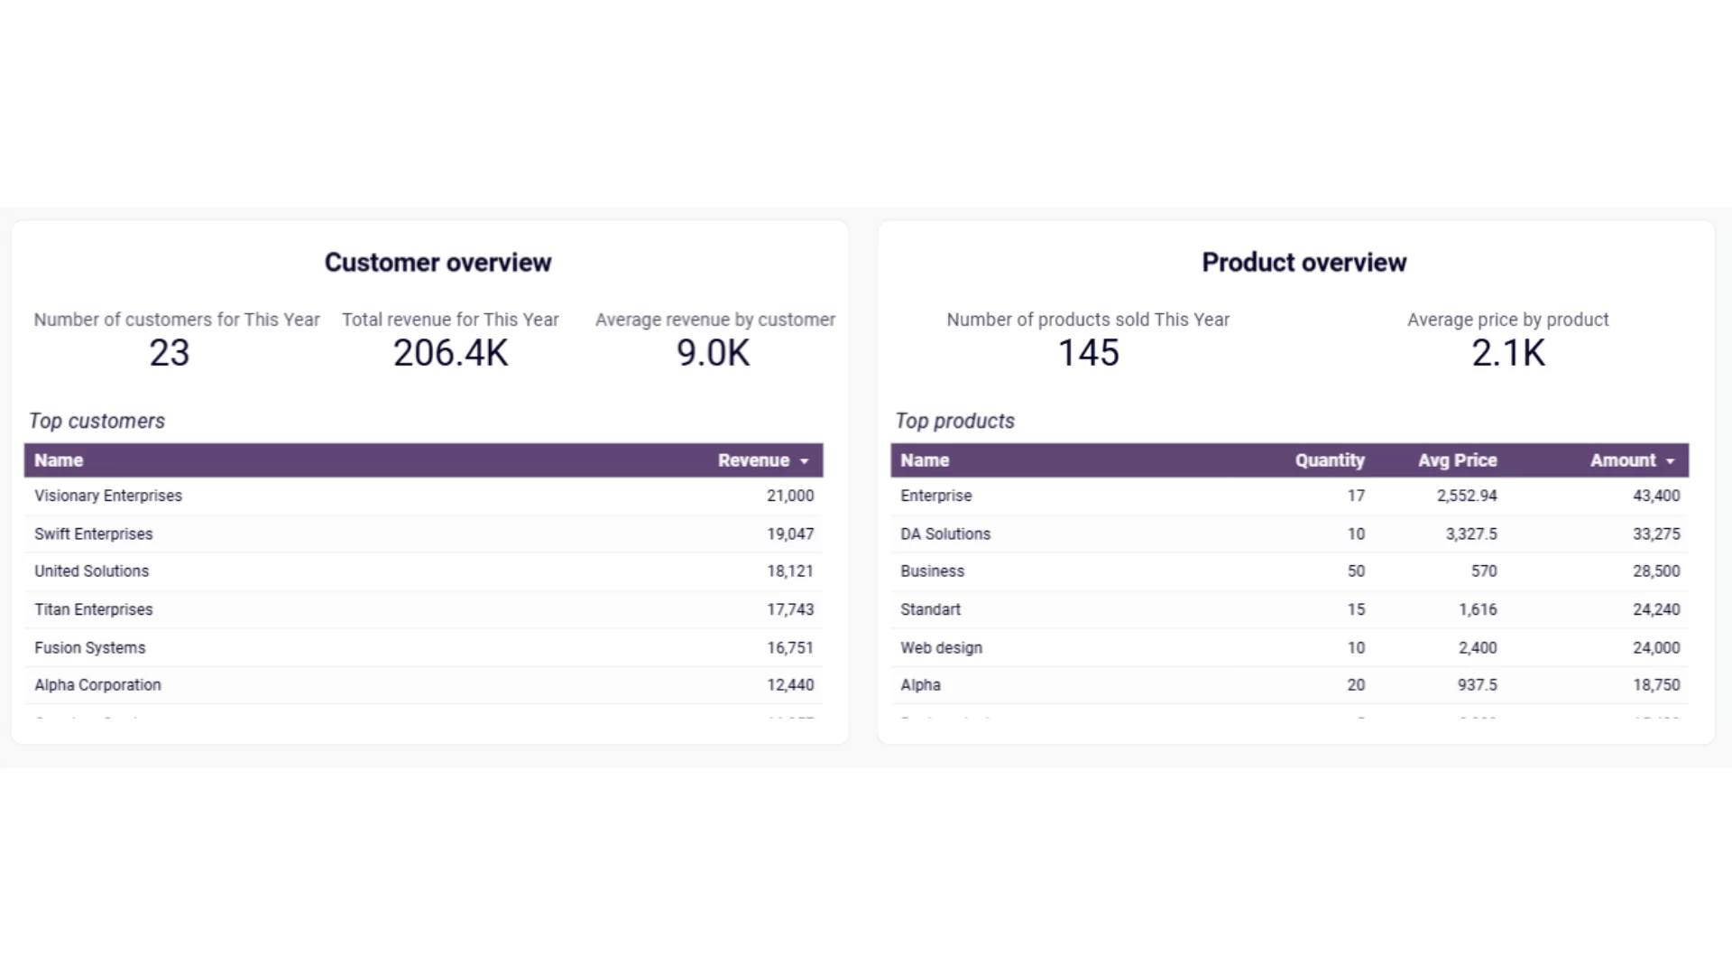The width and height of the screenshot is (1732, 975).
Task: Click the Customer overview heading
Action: (x=438, y=263)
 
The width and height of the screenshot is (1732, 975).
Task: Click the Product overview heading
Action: (x=1304, y=263)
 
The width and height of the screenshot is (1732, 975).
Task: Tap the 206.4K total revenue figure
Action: (x=450, y=353)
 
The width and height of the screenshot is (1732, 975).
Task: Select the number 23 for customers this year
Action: (x=170, y=353)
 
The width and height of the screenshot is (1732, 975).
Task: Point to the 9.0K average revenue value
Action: (x=713, y=353)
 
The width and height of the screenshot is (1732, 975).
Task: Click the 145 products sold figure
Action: (x=1088, y=353)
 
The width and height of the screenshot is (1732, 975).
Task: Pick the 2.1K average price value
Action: (x=1508, y=353)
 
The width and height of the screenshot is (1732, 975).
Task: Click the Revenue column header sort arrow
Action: (x=804, y=461)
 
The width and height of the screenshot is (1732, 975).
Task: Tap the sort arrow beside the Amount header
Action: (x=1670, y=461)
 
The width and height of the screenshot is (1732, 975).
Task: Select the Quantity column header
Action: (x=1330, y=460)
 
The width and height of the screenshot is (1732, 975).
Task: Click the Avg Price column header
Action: (x=1457, y=460)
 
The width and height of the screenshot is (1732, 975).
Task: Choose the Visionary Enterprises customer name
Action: (x=108, y=496)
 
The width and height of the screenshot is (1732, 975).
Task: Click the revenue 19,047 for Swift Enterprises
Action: (x=790, y=534)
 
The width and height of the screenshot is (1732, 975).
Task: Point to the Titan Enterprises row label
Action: (x=94, y=609)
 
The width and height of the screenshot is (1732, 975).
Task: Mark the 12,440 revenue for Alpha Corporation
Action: (x=790, y=685)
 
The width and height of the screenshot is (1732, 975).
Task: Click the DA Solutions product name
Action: (x=945, y=534)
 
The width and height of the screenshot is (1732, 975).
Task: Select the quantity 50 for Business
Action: (x=1356, y=571)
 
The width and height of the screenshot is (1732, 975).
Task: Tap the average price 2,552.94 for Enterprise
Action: (x=1467, y=496)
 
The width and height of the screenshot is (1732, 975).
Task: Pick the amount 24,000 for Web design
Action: (x=1656, y=647)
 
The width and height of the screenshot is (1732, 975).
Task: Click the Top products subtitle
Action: (x=954, y=421)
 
